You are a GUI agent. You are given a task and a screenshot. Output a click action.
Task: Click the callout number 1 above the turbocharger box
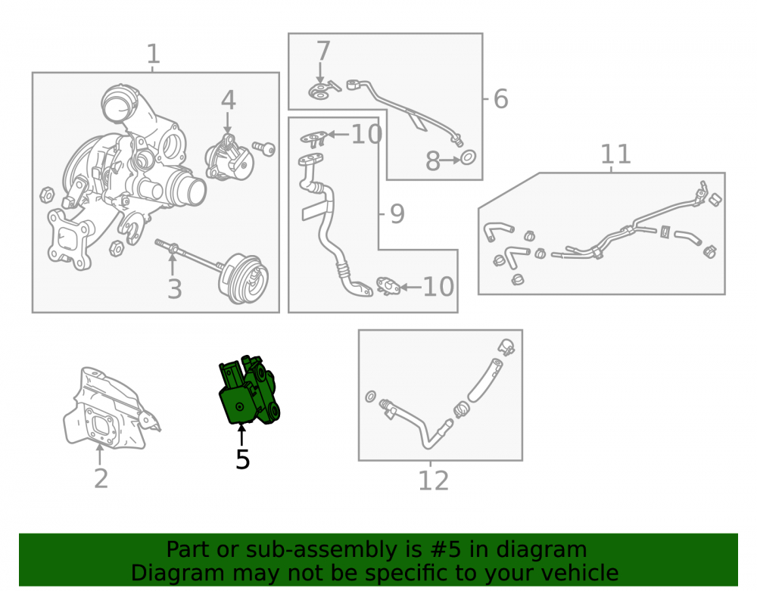point(153,54)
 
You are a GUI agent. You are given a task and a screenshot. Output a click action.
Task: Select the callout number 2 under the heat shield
point(101,478)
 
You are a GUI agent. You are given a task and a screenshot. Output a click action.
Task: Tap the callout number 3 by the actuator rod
point(174,288)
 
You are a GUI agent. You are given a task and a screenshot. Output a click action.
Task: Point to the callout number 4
point(229,101)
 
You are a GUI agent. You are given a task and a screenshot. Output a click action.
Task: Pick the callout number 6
point(500,99)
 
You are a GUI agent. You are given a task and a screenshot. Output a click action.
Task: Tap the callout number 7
point(323,51)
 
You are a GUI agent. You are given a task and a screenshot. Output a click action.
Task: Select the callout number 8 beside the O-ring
point(432,161)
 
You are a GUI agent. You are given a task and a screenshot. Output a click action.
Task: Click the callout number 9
point(397,213)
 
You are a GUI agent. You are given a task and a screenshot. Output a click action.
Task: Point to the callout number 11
point(615,154)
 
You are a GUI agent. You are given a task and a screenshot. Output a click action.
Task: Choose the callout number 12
point(433,481)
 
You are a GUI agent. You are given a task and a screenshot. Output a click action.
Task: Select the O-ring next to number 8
point(468,157)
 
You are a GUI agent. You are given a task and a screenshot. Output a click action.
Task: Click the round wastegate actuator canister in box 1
point(244,278)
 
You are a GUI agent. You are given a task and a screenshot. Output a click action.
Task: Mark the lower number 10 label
point(438,287)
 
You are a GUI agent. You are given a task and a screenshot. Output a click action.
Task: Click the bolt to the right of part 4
point(264,148)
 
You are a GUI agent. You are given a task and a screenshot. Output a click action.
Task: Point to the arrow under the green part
point(241,434)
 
